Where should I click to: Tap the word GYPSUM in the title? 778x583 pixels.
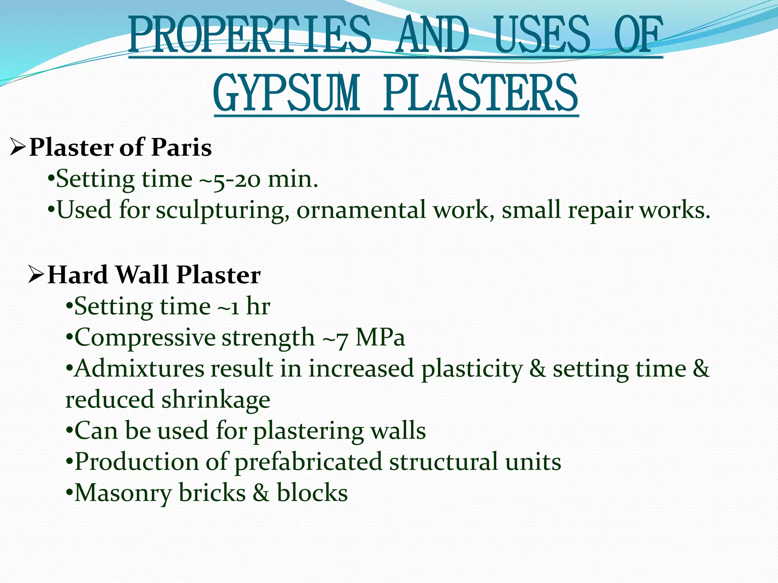point(286,93)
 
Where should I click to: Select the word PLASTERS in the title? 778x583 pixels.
point(481,93)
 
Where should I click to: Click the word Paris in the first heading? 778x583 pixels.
point(181,147)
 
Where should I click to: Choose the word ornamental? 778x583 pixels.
point(361,210)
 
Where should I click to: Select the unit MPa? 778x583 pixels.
point(380,337)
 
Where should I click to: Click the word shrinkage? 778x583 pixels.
point(216,400)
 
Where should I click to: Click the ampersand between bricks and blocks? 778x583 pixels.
point(261,493)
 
